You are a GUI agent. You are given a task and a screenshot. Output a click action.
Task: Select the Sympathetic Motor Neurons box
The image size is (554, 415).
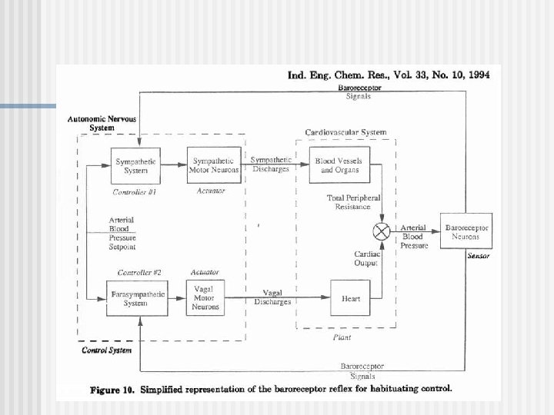click(214, 165)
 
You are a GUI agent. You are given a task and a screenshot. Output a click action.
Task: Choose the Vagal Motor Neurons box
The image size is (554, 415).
click(205, 298)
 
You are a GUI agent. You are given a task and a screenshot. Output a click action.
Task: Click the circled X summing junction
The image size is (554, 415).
click(380, 231)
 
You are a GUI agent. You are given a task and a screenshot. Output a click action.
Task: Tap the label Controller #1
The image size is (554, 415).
click(135, 191)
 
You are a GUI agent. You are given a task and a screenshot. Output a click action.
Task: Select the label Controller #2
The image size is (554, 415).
click(139, 273)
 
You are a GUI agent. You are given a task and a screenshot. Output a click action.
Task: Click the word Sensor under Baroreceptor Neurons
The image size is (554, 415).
click(478, 256)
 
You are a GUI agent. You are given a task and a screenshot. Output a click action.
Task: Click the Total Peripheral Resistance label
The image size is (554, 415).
click(353, 202)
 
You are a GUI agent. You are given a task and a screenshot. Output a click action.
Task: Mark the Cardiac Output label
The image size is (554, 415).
click(365, 258)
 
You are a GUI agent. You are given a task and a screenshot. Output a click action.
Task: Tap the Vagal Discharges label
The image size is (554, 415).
click(272, 297)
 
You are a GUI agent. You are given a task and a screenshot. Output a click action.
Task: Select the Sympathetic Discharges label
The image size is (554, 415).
click(271, 164)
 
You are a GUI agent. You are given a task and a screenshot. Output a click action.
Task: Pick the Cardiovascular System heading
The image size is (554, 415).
click(345, 133)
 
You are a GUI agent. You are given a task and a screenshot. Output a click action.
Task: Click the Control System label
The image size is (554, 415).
click(106, 350)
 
